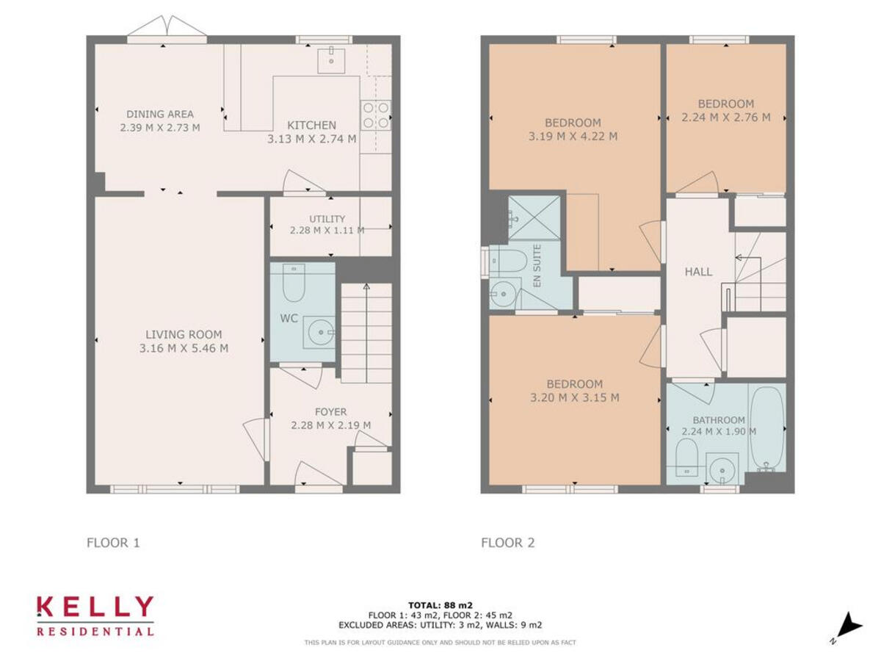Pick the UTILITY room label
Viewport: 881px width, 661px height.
pyautogui.click(x=327, y=219)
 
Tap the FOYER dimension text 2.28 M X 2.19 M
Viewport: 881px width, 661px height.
pyautogui.click(x=330, y=425)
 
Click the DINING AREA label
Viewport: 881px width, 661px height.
pyautogui.click(x=160, y=114)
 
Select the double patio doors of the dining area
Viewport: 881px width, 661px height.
pyautogui.click(x=167, y=28)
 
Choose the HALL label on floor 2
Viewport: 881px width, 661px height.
pyautogui.click(x=698, y=272)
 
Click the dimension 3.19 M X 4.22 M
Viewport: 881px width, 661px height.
pyautogui.click(x=573, y=136)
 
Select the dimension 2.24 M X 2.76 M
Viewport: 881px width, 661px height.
pyautogui.click(x=726, y=117)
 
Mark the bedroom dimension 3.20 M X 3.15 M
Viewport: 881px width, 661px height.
pyautogui.click(x=575, y=397)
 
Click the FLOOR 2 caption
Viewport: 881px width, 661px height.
pyautogui.click(x=508, y=543)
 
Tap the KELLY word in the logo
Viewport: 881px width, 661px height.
pyautogui.click(x=95, y=607)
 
